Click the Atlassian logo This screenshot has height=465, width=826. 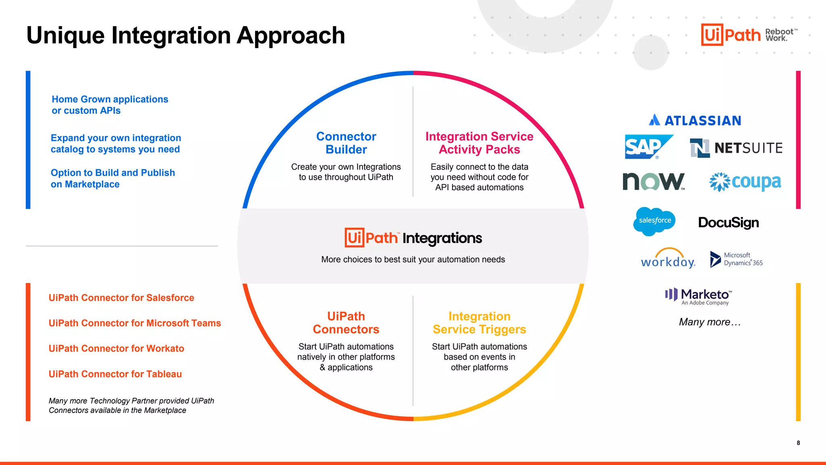pos(695,120)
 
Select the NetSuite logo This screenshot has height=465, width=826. pos(736,148)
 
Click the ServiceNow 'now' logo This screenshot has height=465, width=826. pos(653,181)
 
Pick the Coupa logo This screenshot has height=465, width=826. pos(745,182)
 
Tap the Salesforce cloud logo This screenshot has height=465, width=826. pos(654,221)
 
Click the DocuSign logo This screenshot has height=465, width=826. pos(728,222)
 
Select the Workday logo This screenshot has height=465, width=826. pos(668,259)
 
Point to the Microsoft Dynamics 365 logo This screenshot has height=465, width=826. pos(736,259)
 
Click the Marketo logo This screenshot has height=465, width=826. pos(699,296)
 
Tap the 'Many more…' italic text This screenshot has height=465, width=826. pos(710,322)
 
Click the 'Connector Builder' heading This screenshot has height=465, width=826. pos(346,143)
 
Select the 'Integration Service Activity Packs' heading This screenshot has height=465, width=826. pos(479,143)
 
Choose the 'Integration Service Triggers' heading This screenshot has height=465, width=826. pos(479,323)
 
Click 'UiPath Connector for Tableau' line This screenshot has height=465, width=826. pos(115,374)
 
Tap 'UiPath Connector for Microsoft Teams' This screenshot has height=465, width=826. pos(135,323)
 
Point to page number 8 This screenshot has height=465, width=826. pos(798,443)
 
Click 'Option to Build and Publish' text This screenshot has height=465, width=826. pos(113,173)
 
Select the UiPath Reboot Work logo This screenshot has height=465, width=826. pos(749,35)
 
